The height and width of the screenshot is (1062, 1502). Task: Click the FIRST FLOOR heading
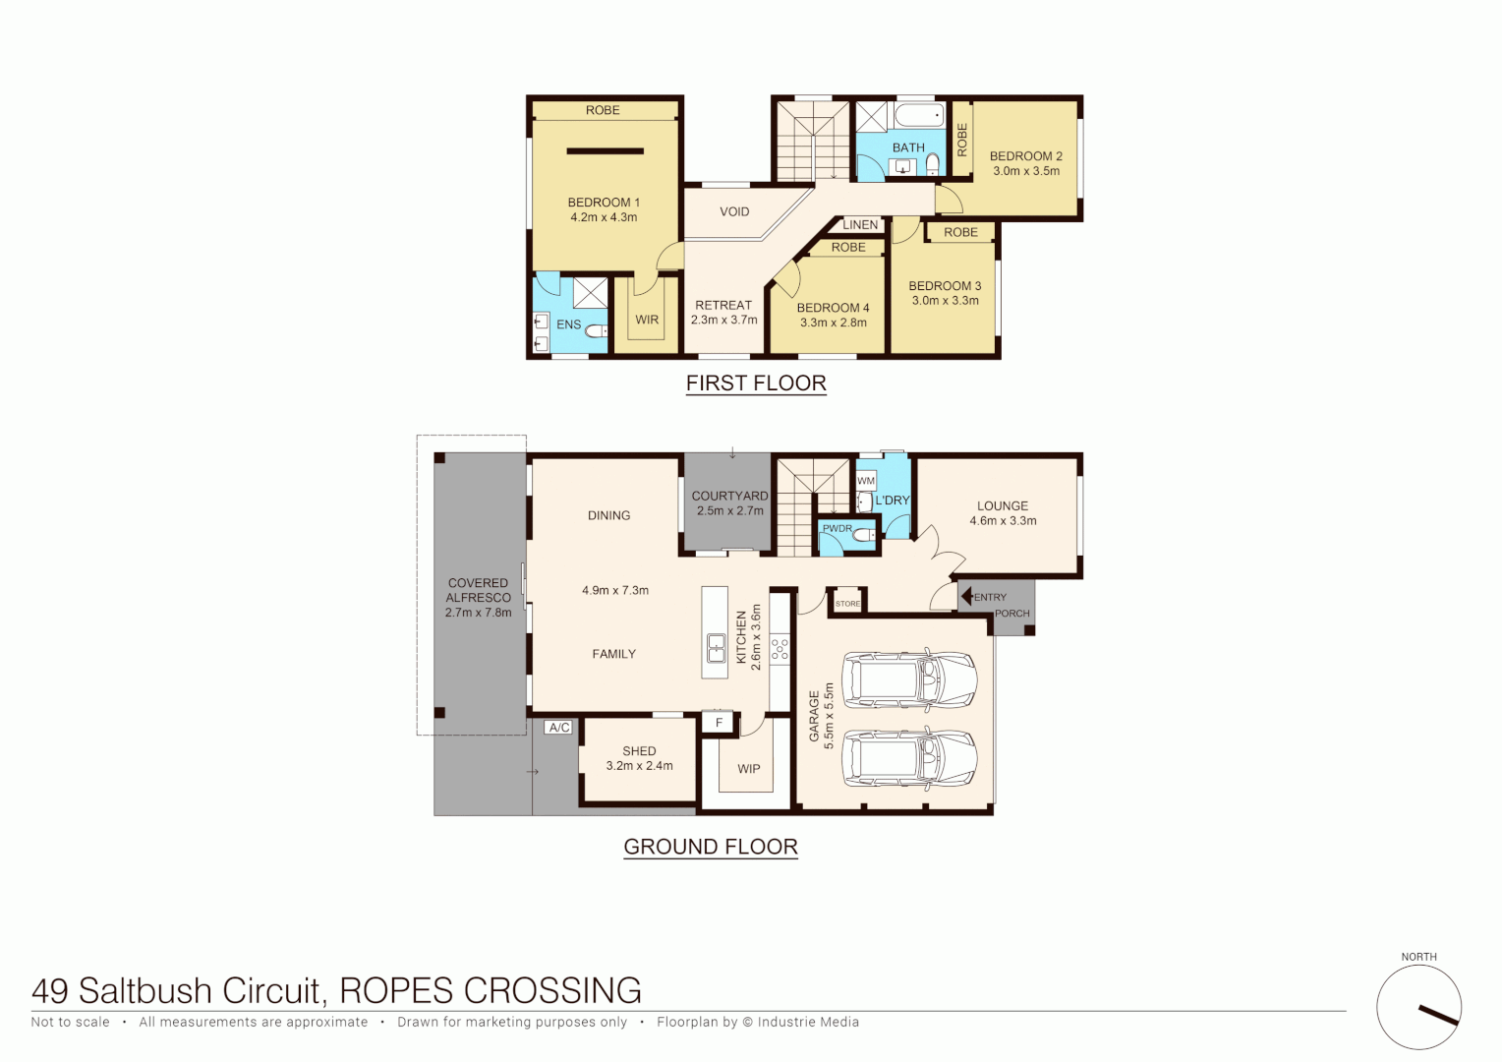[756, 383]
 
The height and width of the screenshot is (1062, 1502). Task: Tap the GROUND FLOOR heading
[711, 847]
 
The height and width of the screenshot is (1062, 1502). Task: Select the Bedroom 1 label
[604, 203]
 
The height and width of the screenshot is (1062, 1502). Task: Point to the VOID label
[734, 212]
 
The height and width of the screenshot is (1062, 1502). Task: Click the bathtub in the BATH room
[918, 116]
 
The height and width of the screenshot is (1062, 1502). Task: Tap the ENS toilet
[596, 331]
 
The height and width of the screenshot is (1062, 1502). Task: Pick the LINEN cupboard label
[860, 225]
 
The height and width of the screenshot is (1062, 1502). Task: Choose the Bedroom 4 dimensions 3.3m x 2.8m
[833, 323]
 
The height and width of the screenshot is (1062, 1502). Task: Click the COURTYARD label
[729, 497]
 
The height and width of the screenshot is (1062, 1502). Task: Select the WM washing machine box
[866, 481]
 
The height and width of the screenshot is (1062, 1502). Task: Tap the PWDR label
[838, 529]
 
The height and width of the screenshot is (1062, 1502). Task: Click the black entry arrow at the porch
[966, 596]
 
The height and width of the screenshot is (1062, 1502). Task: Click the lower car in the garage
[909, 758]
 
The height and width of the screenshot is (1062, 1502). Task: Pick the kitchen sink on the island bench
[717, 648]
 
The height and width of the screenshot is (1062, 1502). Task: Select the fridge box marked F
[719, 723]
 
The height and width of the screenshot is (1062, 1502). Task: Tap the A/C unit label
[559, 728]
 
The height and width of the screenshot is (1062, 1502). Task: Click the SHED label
[639, 751]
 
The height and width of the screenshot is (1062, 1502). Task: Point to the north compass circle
[1418, 1007]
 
